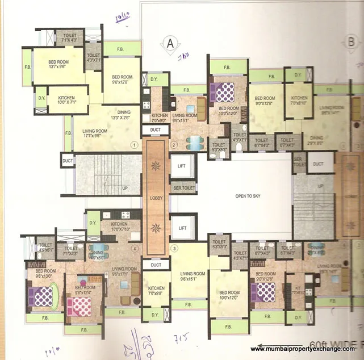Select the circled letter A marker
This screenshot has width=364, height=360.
click(x=169, y=43)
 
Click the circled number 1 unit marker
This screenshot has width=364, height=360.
click(x=134, y=145)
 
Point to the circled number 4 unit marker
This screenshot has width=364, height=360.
click(x=135, y=248)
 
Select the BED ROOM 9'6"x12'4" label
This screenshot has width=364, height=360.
click(x=85, y=290)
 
